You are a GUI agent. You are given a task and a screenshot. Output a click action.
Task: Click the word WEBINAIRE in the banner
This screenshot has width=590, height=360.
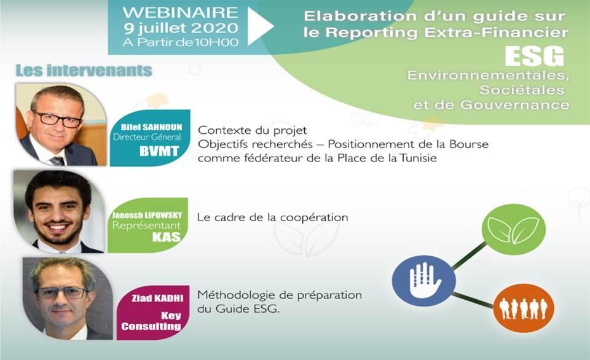click(x=179, y=12)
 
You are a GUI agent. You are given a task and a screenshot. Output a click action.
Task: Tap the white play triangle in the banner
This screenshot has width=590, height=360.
click(x=260, y=26)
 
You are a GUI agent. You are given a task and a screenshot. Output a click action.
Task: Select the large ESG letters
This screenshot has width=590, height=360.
click(x=533, y=57)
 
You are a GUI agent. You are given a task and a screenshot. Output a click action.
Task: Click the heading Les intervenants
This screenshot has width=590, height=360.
click(x=84, y=70)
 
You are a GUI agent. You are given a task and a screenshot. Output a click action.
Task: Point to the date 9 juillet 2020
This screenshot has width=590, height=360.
click(x=179, y=28)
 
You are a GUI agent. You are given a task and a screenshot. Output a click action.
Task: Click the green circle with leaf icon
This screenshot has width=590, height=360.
click(x=513, y=229)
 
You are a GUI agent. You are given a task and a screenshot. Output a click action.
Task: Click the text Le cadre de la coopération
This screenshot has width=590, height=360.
click(x=272, y=217)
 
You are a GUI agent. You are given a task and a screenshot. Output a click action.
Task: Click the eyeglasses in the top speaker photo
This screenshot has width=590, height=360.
click(x=57, y=119)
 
